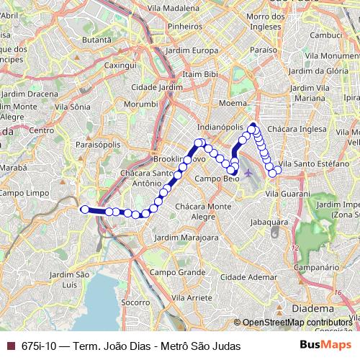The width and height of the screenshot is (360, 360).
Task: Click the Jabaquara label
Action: (x=264, y=223)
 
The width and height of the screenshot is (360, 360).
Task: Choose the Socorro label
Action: (x=135, y=303)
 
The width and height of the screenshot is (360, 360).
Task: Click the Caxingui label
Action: (x=121, y=64)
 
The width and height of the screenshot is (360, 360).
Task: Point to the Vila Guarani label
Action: (x=284, y=194)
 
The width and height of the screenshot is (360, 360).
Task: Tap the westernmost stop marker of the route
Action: (x=84, y=209)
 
